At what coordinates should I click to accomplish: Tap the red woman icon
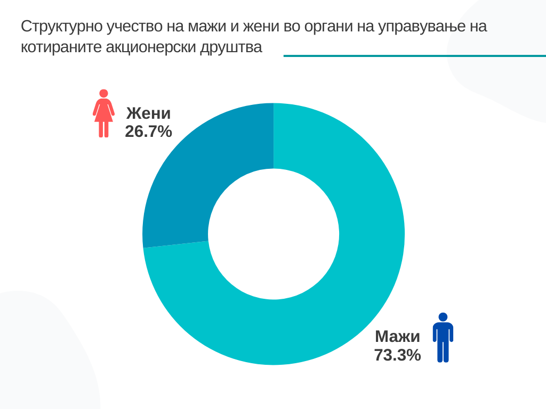point(103,114)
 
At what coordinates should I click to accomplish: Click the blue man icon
point(443,339)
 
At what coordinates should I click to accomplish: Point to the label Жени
point(148,114)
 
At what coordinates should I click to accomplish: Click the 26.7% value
point(148,132)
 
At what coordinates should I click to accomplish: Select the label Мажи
point(397,337)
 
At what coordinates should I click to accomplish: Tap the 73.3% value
point(397,355)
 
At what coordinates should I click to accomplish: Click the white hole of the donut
point(274,234)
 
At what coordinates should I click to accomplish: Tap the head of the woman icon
point(103,93)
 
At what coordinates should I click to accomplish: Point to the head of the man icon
point(443,317)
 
